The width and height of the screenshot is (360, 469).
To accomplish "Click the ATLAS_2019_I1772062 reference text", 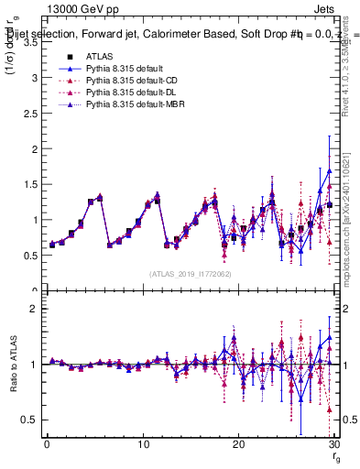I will (191, 274).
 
